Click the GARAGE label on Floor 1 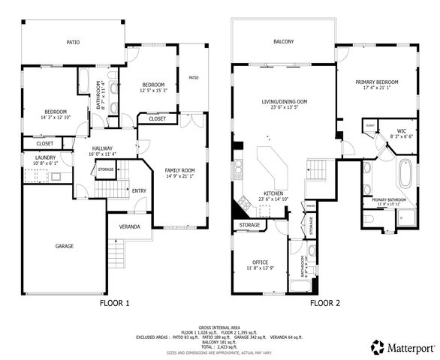pyautogui.click(x=64, y=245)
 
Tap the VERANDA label pyautogui.click(x=130, y=226)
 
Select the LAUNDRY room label pyautogui.click(x=45, y=157)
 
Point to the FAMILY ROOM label pyautogui.click(x=179, y=171)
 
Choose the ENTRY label pyautogui.click(x=140, y=190)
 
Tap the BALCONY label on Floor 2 pyautogui.click(x=283, y=41)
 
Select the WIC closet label pyautogui.click(x=402, y=131)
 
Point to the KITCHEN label pyautogui.click(x=272, y=193)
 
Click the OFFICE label pyautogui.click(x=259, y=262)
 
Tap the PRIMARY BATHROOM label pyautogui.click(x=389, y=199)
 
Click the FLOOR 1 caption pyautogui.click(x=115, y=304)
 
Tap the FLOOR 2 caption pyautogui.click(x=324, y=304)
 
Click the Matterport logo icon pyautogui.click(x=377, y=347)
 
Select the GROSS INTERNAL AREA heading pyautogui.click(x=219, y=327)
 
